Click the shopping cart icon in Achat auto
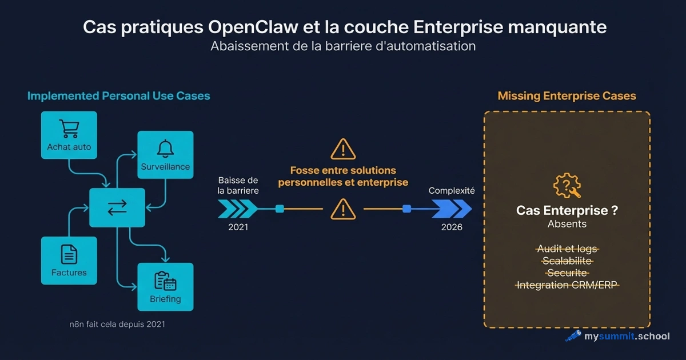[69, 128]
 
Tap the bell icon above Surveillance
[165, 148]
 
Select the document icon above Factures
[69, 254]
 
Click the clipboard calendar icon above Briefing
[165, 280]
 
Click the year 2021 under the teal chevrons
[238, 227]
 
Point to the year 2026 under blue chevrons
[452, 227]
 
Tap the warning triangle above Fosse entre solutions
[343, 149]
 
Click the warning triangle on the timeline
[343, 209]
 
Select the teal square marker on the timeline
[280, 209]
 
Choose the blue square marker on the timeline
[406, 209]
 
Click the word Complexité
[452, 191]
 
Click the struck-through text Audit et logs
[567, 249]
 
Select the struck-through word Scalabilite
[567, 261]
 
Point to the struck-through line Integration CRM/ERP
[567, 285]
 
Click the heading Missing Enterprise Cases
[567, 96]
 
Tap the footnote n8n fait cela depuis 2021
[117, 324]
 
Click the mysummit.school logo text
[626, 336]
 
